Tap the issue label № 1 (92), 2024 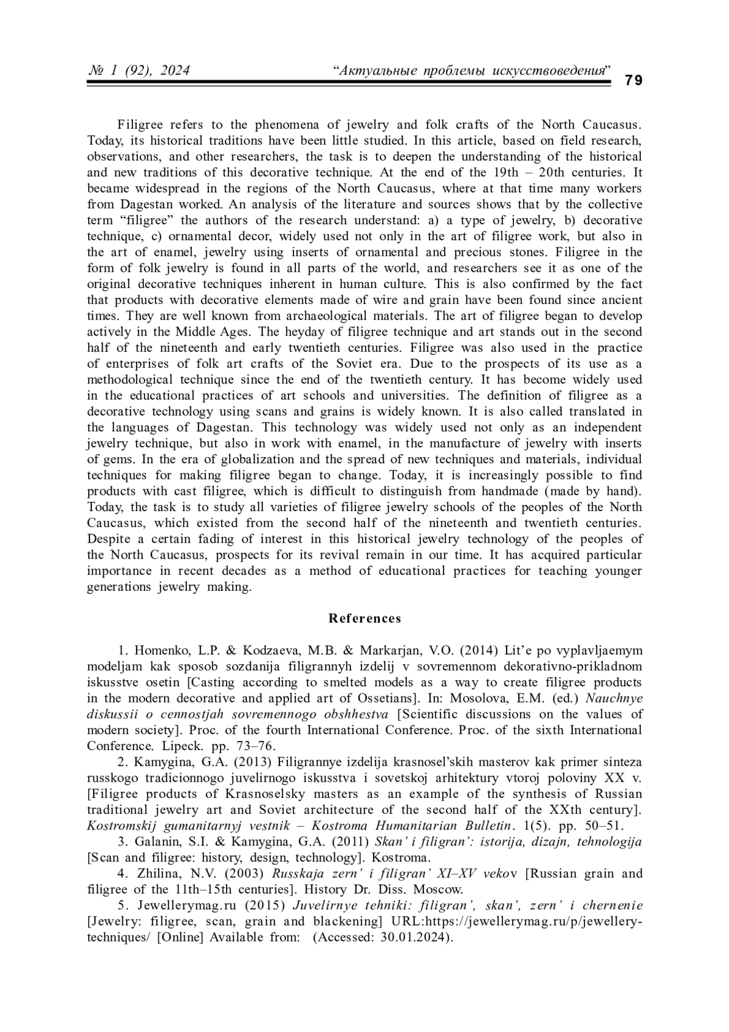[x=139, y=71]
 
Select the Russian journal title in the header [x=471, y=71]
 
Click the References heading [x=364, y=619]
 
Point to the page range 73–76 [x=255, y=746]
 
